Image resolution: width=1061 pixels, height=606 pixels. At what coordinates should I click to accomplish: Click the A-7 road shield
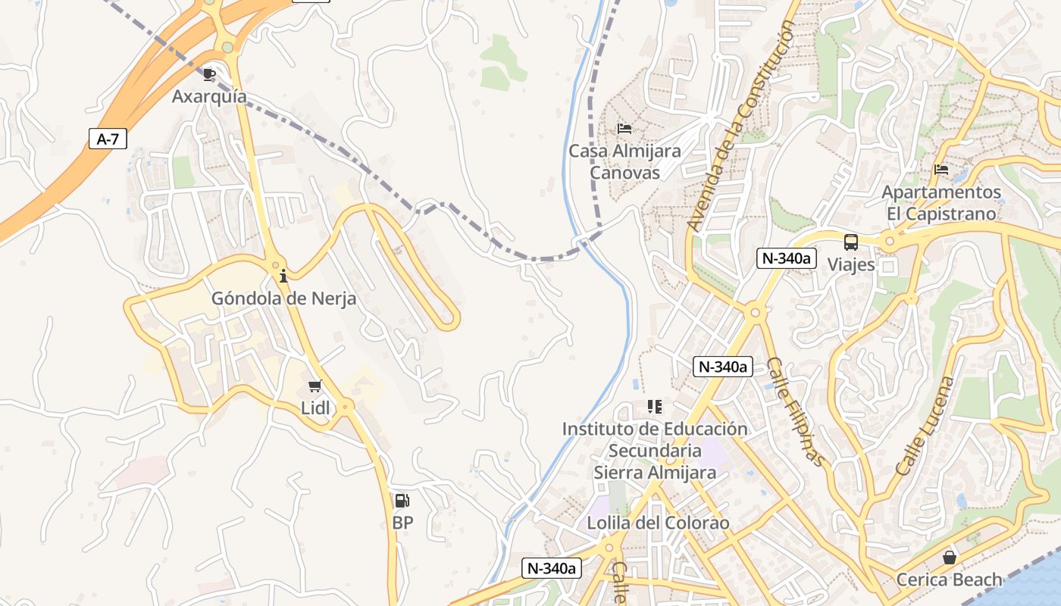(108, 139)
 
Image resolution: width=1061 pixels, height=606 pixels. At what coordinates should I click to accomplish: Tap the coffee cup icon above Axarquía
(209, 74)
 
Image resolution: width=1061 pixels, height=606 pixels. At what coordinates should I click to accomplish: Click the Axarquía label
(209, 96)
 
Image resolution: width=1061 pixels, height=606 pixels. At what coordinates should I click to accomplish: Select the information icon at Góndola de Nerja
(283, 276)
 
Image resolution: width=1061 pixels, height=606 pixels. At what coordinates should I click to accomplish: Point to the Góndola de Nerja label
(283, 298)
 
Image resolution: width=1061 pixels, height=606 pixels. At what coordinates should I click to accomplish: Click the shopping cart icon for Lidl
(315, 386)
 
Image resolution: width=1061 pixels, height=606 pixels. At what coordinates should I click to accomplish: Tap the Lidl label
(315, 408)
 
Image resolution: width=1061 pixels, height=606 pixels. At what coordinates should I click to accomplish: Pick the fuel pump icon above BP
(402, 501)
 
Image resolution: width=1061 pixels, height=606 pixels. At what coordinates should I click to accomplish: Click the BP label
(402, 523)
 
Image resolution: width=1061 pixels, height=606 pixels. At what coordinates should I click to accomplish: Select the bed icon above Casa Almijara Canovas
(624, 129)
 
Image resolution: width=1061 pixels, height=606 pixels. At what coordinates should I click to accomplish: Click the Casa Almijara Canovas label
(624, 161)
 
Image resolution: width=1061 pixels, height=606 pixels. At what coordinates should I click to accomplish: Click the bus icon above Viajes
(851, 243)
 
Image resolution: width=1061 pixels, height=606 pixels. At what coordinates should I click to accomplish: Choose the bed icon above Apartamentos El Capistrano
(941, 170)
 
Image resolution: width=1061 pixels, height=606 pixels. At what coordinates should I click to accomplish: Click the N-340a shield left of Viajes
(786, 258)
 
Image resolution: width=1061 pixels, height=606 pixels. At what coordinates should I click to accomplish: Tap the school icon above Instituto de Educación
(655, 407)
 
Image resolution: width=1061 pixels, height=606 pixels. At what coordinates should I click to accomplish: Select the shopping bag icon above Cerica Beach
(949, 558)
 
